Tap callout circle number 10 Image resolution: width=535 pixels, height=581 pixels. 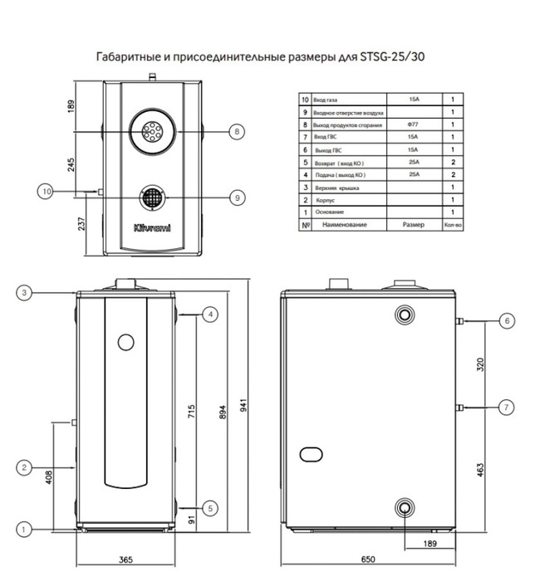point(47,191)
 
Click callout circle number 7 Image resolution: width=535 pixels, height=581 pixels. point(505,407)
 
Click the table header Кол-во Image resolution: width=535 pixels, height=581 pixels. point(453,224)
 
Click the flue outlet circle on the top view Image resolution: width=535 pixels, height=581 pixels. point(151,131)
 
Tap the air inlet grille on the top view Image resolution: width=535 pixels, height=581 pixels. point(151,198)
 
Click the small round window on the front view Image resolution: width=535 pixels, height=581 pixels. point(125,342)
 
